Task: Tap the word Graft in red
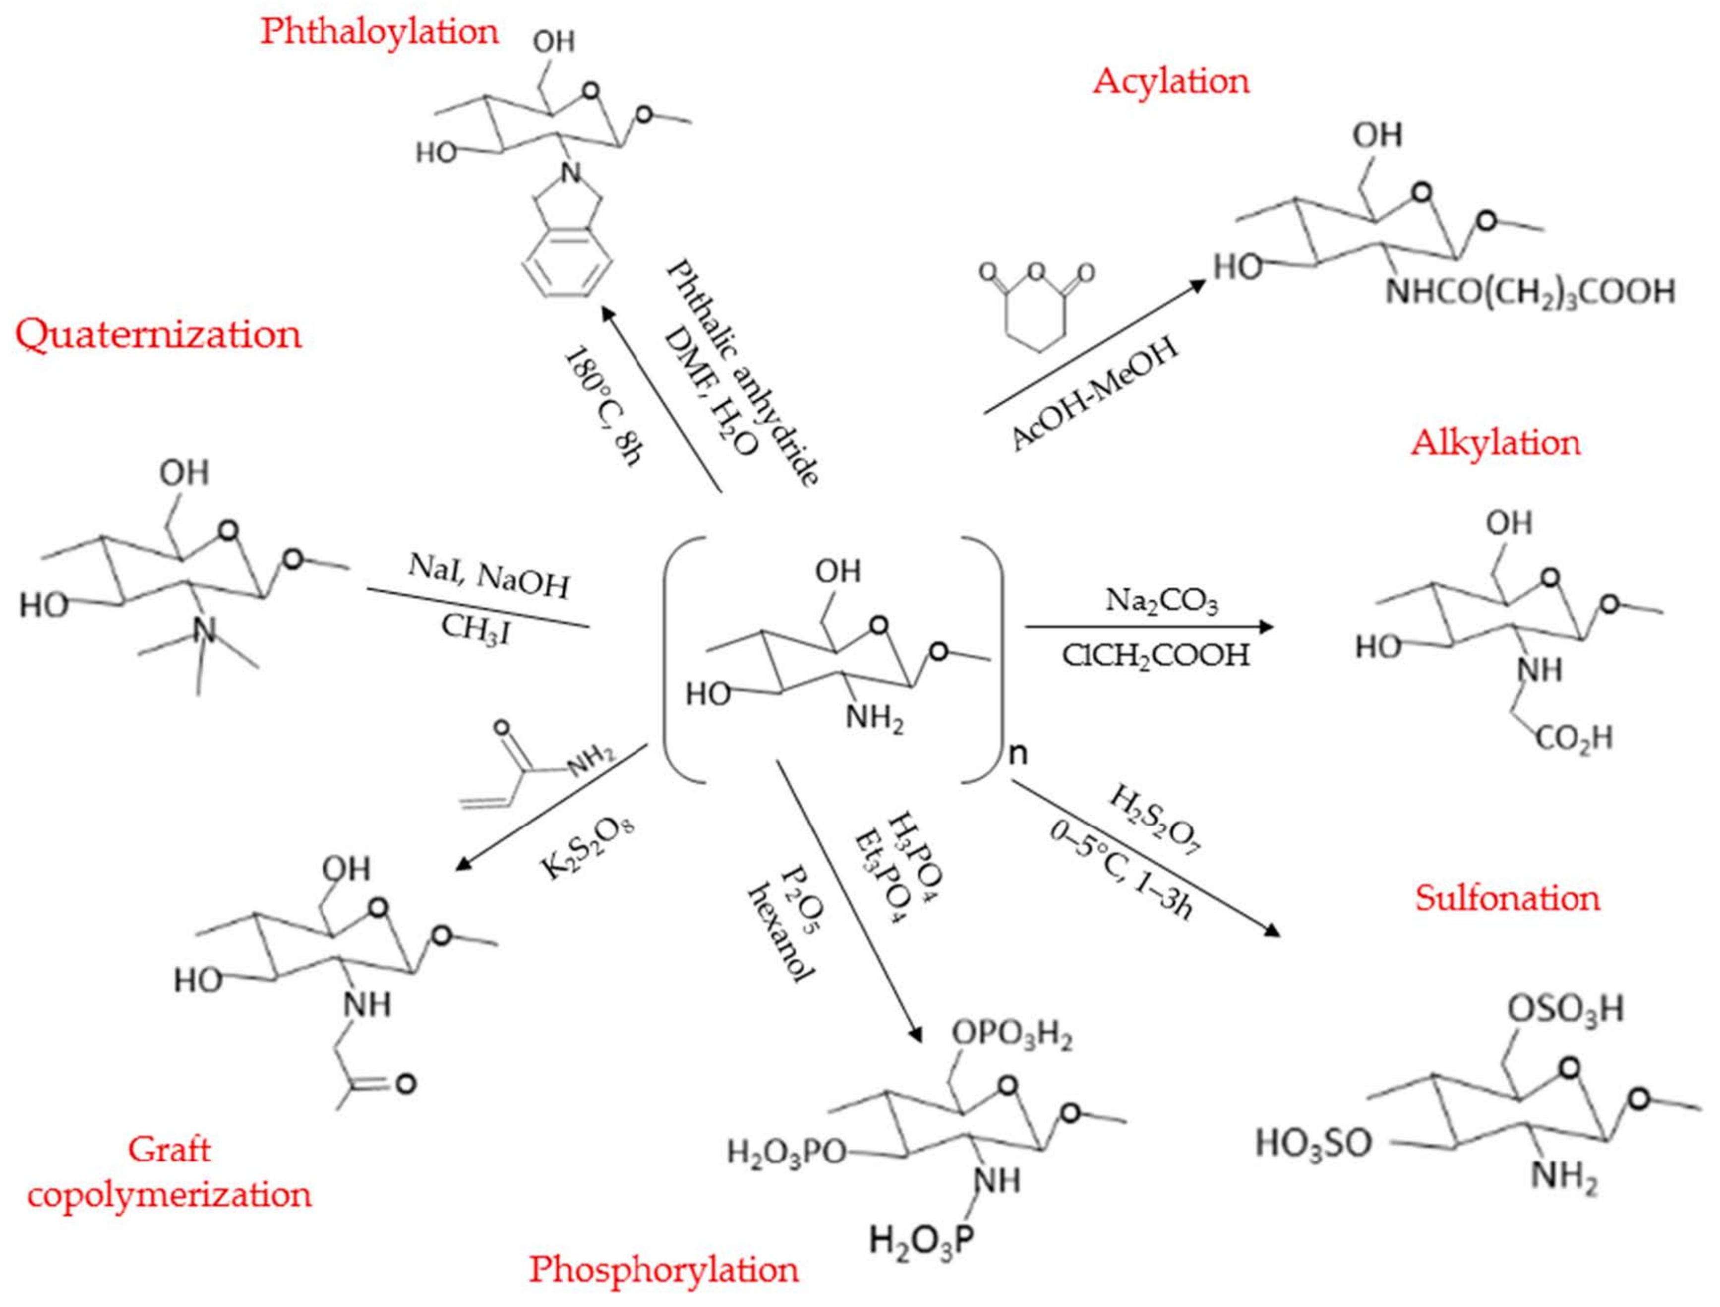click(x=170, y=1149)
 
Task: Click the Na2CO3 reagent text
click(x=1162, y=601)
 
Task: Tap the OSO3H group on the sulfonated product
click(x=1566, y=1009)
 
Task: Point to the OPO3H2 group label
click(x=1012, y=1036)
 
